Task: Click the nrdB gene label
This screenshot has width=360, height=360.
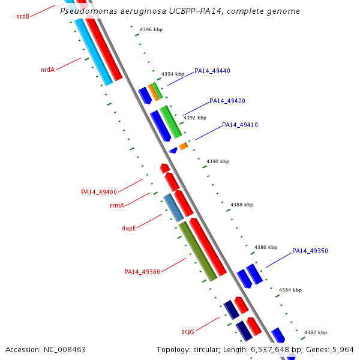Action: [x=23, y=16]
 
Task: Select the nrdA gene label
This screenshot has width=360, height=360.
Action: [x=47, y=70]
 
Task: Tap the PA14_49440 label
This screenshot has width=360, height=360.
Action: [x=212, y=71]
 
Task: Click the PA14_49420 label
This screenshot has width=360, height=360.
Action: [x=227, y=101]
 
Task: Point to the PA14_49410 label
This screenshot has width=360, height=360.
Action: [x=239, y=125]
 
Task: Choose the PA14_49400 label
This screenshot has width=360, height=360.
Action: [x=99, y=192]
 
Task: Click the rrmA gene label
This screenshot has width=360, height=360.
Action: [x=117, y=205]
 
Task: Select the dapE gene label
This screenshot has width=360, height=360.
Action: [x=129, y=228]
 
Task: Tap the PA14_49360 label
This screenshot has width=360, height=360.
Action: [x=142, y=272]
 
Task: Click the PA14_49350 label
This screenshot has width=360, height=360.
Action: [x=310, y=251]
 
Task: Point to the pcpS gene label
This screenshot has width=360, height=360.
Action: [x=188, y=331]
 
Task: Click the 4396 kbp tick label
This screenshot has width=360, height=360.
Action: [x=151, y=29]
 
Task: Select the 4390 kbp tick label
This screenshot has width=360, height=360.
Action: [x=218, y=161]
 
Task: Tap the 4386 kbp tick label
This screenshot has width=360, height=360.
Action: [x=266, y=247]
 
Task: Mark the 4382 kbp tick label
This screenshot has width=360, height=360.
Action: [x=315, y=332]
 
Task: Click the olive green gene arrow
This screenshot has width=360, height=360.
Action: [x=198, y=251]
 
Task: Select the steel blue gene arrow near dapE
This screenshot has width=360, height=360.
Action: [x=173, y=207]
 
